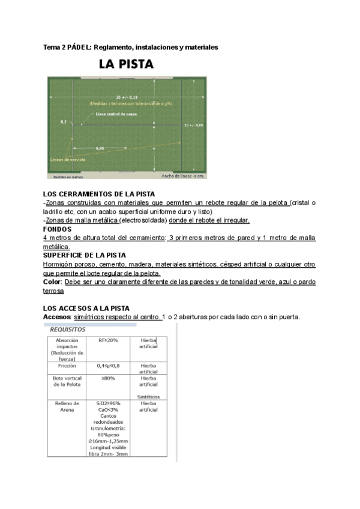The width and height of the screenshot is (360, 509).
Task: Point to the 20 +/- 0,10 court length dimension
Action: point(127,96)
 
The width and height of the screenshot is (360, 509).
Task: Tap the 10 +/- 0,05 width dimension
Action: point(194,125)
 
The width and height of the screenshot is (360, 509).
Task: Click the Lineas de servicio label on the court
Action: point(67,160)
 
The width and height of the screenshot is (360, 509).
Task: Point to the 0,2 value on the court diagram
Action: point(64,121)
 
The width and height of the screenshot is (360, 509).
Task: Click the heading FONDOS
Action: point(58,229)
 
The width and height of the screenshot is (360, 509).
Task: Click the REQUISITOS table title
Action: point(67,330)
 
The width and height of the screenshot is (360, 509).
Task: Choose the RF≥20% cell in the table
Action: point(109,340)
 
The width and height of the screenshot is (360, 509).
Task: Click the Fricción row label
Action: point(67,365)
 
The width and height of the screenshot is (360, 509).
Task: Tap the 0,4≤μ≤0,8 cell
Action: point(109,365)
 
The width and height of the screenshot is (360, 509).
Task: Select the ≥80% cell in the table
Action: point(109,378)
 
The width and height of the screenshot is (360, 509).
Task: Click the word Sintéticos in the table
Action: point(148,397)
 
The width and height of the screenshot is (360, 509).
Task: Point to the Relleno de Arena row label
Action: point(67,407)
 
